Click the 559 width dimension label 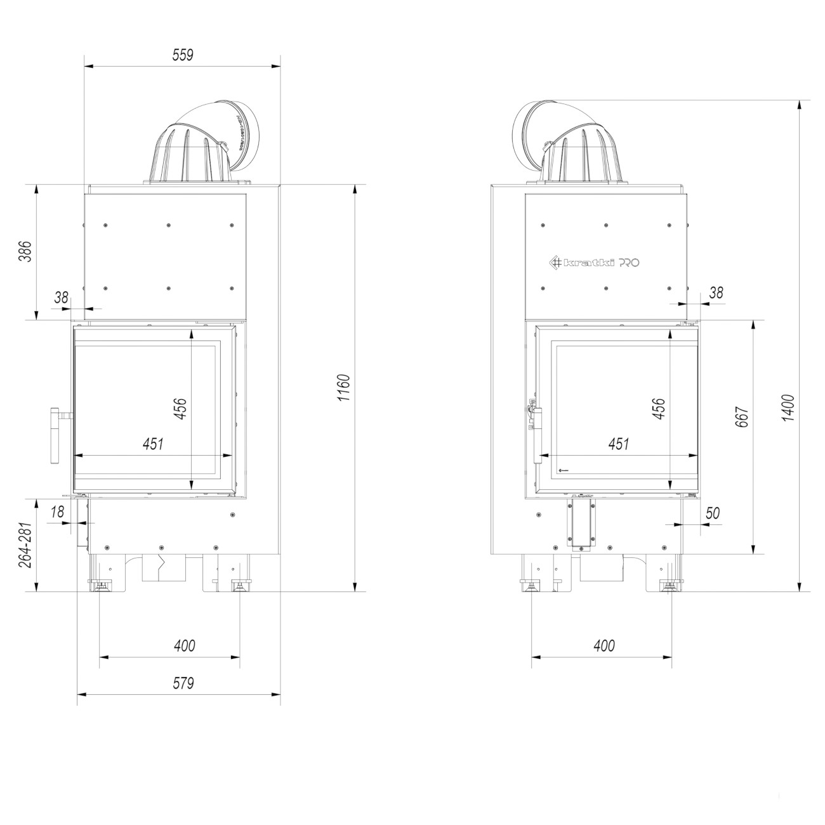[x=183, y=55]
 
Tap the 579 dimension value [x=183, y=683]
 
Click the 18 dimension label [x=56, y=512]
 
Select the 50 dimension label [x=712, y=513]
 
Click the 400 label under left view [x=184, y=646]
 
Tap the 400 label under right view [x=604, y=645]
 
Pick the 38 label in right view [x=715, y=293]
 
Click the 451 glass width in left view [x=153, y=444]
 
